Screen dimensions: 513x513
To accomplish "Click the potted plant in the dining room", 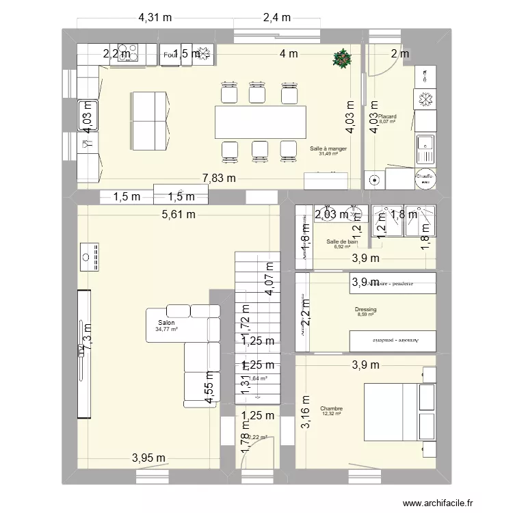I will point(341,59).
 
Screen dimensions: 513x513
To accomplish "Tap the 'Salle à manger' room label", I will point(328,148).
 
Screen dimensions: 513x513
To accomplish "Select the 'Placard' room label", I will point(387,117).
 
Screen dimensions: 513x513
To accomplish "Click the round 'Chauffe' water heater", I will point(425,178).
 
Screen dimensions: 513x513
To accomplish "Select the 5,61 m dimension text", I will point(179,214).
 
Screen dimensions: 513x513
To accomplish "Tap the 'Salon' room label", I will point(166,323).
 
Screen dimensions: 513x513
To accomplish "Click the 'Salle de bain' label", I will point(342,241).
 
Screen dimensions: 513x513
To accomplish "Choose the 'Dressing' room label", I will point(366,310).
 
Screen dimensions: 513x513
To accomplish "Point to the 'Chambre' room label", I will point(330,408).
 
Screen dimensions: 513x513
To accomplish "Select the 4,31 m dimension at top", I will point(156,18).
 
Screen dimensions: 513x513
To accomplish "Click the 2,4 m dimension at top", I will point(276,18).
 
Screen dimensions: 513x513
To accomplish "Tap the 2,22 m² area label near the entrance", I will point(257,438).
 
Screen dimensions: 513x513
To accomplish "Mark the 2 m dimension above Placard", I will point(400,54).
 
